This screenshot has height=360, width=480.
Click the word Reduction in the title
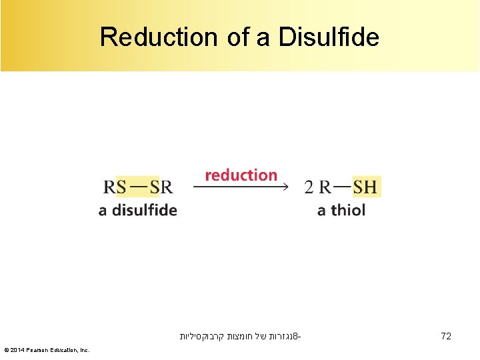tap(159, 37)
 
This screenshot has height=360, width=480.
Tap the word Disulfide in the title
tap(328, 37)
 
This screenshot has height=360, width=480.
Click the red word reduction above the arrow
tap(241, 175)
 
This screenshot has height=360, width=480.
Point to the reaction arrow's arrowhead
tap(285, 187)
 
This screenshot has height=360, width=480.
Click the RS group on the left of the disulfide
tap(115, 187)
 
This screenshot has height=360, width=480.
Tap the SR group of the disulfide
tap(161, 187)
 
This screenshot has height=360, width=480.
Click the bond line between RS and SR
tap(138, 186)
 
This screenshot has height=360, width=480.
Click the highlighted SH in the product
tap(365, 187)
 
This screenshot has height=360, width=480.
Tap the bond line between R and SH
tap(342, 186)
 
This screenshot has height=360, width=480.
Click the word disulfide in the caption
tap(144, 210)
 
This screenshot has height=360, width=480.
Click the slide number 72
tap(446, 337)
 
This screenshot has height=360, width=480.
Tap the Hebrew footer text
tap(240, 337)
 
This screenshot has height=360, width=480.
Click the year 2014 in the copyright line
tap(19, 350)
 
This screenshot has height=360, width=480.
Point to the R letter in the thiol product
tap(325, 187)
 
